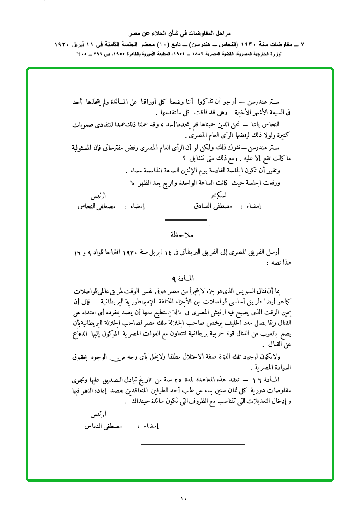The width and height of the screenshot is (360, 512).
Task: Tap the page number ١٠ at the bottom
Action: [x=184, y=498]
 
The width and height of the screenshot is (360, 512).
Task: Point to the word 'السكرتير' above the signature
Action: [x=218, y=195]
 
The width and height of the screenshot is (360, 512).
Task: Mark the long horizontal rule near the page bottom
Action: [x=193, y=444]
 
